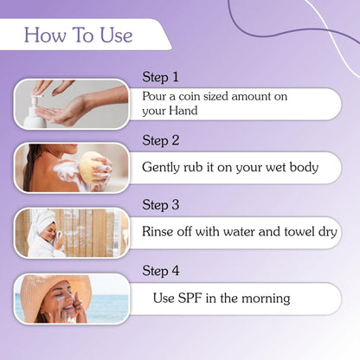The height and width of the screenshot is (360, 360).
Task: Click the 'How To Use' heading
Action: [x=79, y=35]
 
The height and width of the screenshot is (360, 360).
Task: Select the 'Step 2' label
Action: [x=161, y=140]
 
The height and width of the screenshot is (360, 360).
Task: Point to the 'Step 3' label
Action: [x=161, y=205]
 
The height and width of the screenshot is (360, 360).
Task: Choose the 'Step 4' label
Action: [x=161, y=271]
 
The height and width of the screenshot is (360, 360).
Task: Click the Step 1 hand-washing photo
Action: [x=71, y=103]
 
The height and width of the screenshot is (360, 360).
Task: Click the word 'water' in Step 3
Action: [x=232, y=232]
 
